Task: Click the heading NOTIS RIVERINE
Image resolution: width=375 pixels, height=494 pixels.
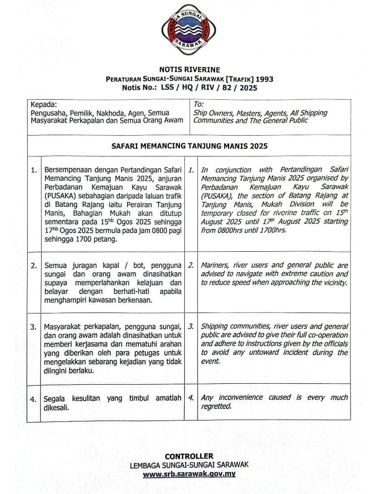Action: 189,70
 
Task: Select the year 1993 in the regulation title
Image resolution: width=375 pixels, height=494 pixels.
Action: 264,79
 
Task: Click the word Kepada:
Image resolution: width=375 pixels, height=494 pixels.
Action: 44,104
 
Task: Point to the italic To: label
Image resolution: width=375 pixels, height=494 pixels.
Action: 198,104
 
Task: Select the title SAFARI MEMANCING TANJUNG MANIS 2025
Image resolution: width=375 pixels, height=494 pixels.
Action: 189,146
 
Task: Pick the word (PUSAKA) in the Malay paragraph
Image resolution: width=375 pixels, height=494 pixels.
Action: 59,196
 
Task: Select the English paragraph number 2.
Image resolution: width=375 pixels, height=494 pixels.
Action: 191,265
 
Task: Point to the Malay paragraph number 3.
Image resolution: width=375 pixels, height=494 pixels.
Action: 34,327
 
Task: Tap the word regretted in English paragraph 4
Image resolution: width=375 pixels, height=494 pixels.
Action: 216,406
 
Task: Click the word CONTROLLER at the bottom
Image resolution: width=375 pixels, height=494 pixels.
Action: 189,456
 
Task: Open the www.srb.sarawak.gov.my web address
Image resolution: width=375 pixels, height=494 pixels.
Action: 189,474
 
